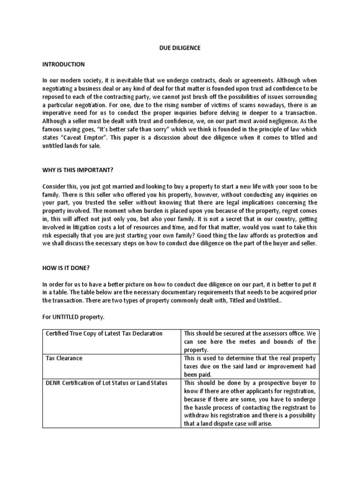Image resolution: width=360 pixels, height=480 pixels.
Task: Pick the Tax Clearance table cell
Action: (x=64, y=358)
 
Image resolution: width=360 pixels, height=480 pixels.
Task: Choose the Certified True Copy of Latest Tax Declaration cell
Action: (x=104, y=333)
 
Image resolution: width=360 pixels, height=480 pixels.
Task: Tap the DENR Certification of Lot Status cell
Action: (x=106, y=383)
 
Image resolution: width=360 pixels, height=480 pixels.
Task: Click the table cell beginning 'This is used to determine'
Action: (x=249, y=366)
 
